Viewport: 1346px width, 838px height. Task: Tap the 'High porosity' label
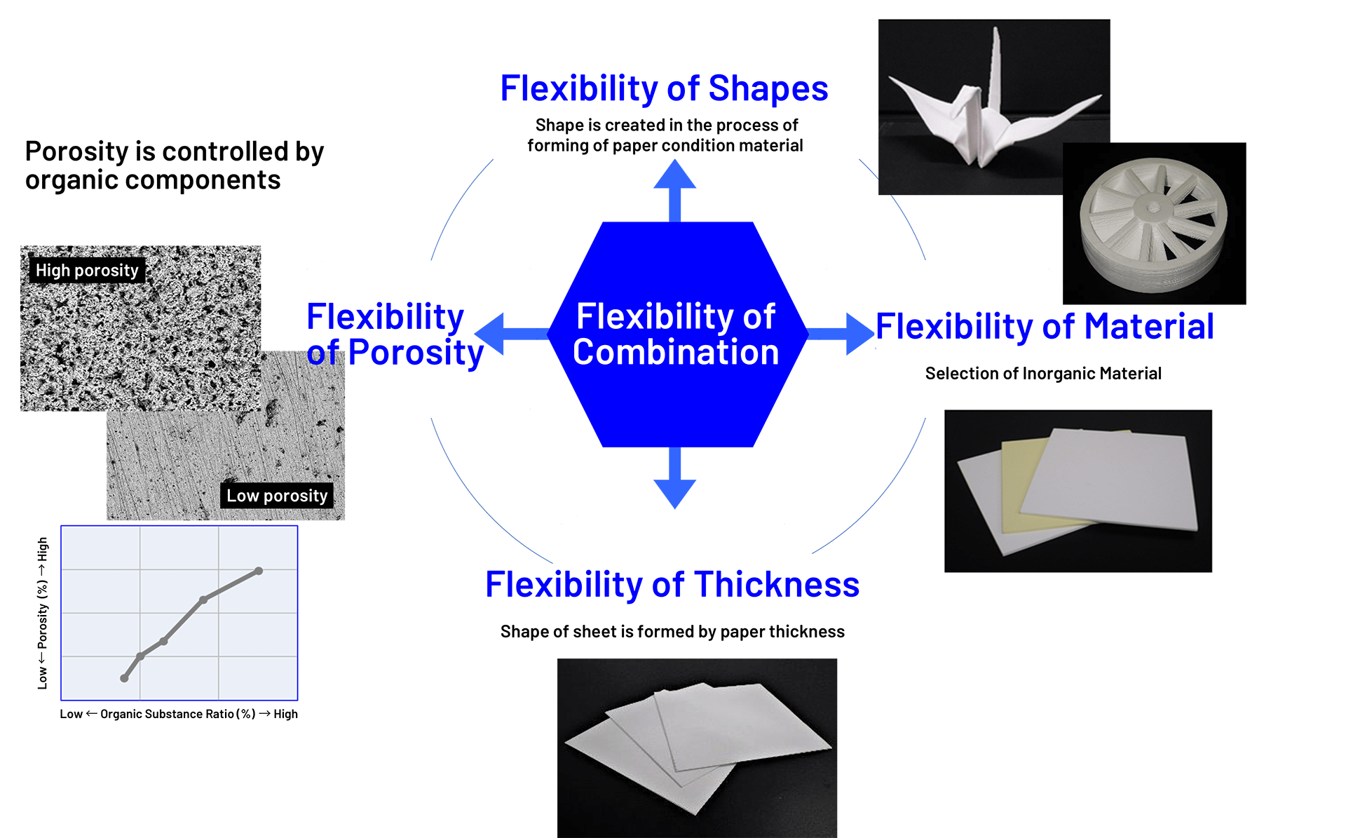pyautogui.click(x=87, y=271)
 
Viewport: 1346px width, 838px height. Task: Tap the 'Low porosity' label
pyautogui.click(x=277, y=496)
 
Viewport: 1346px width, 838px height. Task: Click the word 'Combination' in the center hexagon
pyautogui.click(x=676, y=352)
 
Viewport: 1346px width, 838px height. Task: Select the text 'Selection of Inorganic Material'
pyautogui.click(x=1043, y=374)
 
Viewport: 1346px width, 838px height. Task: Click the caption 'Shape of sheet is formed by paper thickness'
pyautogui.click(x=672, y=632)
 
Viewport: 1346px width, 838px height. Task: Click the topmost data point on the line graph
pyautogui.click(x=259, y=571)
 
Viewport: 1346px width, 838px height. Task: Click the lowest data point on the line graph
pyautogui.click(x=124, y=678)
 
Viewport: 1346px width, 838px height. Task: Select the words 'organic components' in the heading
pyautogui.click(x=153, y=180)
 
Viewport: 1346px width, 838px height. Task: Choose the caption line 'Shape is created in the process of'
pyautogui.click(x=666, y=126)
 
